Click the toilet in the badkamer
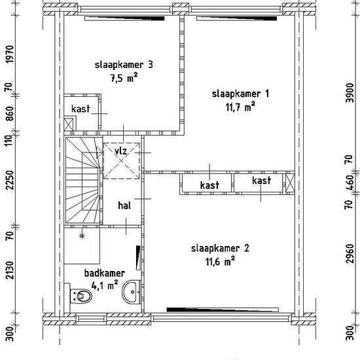tap(81, 296)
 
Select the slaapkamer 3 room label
tap(124, 65)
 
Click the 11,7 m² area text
tap(240, 107)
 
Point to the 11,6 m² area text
tap(220, 261)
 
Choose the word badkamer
tap(105, 273)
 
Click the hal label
tap(124, 206)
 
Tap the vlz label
tap(121, 151)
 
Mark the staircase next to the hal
tap(84, 180)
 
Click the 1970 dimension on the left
tap(10, 54)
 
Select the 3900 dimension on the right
tap(350, 93)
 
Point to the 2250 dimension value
tap(10, 180)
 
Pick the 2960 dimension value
tap(350, 253)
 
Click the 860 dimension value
tap(10, 114)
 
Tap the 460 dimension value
tap(350, 183)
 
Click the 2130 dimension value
tap(10, 270)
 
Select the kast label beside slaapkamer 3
tap(81, 109)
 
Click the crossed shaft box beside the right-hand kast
tap(290, 183)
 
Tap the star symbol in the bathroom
tap(82, 236)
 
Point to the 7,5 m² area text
tap(124, 78)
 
